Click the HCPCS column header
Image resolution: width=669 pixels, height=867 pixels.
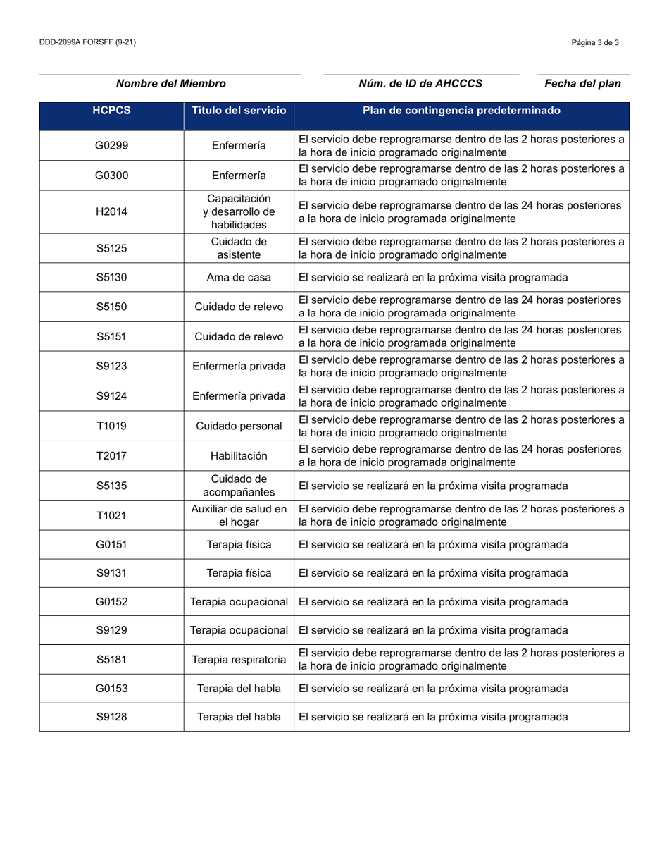click(111, 111)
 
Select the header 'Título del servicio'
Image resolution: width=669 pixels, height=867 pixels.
click(239, 111)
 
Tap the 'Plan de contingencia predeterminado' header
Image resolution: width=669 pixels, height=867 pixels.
click(461, 111)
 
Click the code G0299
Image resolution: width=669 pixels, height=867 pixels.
click(111, 146)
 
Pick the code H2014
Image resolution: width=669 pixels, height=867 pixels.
click(111, 211)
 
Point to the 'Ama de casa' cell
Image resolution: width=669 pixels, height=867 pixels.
click(239, 278)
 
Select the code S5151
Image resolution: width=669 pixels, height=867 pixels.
click(111, 337)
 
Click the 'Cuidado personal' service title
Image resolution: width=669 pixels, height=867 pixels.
click(239, 426)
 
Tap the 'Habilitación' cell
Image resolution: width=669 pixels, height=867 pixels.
click(239, 456)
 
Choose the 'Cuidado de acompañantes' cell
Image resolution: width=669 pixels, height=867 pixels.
click(239, 486)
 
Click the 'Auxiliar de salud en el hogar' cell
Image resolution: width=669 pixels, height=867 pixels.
click(239, 516)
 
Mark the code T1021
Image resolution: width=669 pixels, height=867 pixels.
click(111, 516)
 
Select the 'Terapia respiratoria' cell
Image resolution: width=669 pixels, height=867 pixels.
click(239, 660)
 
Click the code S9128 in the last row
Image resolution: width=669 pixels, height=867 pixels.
click(111, 717)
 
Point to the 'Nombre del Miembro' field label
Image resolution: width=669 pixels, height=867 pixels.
click(170, 84)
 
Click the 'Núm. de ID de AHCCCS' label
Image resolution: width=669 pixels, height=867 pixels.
click(420, 84)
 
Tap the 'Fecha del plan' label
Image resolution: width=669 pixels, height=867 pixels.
click(582, 84)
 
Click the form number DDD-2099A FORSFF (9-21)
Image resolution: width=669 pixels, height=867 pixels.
click(88, 42)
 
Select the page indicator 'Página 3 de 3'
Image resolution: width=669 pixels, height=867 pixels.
click(595, 42)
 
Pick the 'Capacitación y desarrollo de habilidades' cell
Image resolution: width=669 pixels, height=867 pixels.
click(239, 211)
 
